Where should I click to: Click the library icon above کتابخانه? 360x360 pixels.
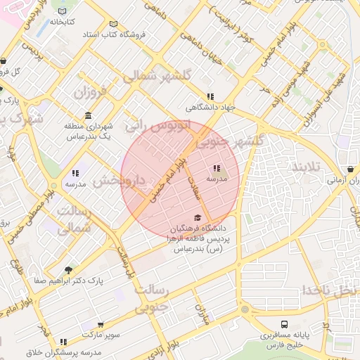(64, 11)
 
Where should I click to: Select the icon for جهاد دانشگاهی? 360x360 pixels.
(210, 97)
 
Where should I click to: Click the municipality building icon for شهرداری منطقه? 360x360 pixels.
(88, 115)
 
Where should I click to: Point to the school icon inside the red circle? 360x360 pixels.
(217, 168)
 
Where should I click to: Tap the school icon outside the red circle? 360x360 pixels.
(75, 173)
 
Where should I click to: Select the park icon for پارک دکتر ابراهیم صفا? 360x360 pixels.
(68, 270)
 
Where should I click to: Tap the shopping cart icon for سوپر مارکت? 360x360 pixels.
(101, 325)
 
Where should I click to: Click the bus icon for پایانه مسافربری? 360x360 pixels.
(284, 325)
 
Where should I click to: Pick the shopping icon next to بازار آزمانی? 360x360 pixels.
(351, 169)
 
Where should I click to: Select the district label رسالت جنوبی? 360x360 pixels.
(151, 298)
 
